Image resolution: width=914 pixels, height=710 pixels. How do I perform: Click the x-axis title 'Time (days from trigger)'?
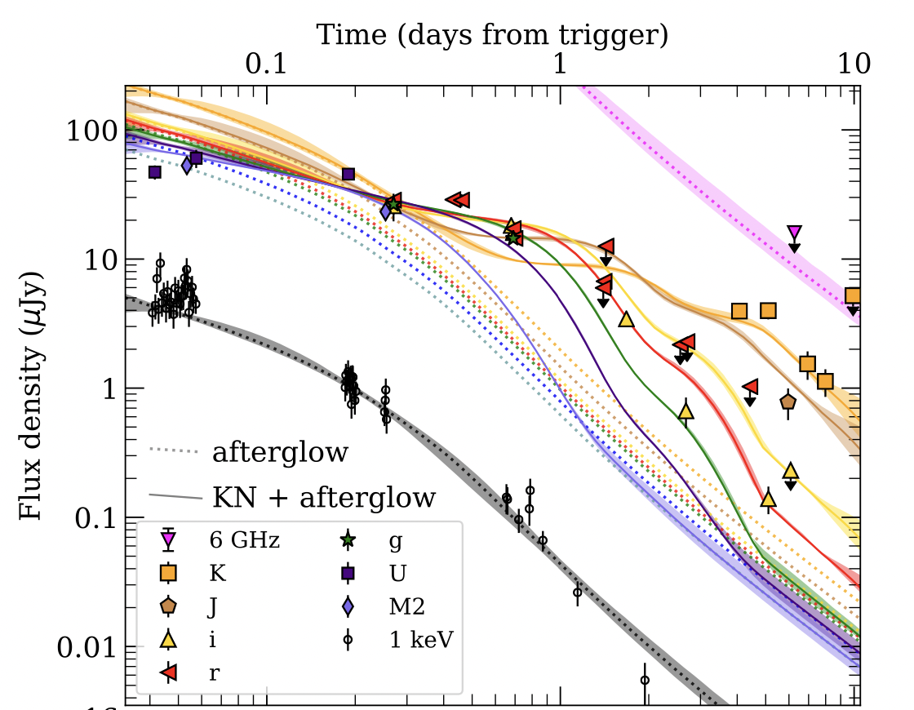[492, 35]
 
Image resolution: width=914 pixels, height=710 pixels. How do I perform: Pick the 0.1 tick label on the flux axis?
[93, 519]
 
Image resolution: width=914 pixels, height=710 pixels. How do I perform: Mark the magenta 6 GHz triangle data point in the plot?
[794, 233]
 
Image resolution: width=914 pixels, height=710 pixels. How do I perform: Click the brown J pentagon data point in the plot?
[788, 402]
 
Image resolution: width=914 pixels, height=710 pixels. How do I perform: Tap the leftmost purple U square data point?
[155, 172]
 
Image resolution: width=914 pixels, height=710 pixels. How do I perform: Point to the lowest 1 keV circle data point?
[645, 679]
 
